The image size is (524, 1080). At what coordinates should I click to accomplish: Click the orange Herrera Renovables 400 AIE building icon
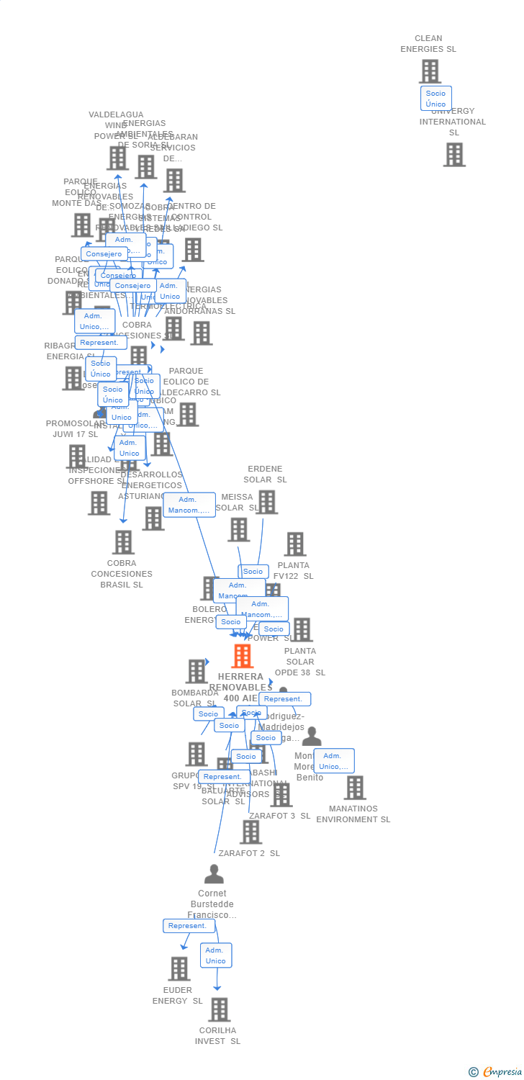click(x=243, y=656)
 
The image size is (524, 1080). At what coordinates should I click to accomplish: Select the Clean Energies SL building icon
click(x=430, y=71)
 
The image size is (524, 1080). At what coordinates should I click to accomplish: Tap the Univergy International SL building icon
click(x=454, y=154)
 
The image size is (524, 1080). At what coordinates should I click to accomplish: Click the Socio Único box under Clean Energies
click(x=435, y=99)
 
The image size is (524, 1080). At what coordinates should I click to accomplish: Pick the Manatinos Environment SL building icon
click(x=354, y=788)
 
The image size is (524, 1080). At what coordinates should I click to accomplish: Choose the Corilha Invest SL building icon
click(x=219, y=1009)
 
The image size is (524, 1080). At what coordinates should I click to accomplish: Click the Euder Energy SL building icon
click(x=179, y=968)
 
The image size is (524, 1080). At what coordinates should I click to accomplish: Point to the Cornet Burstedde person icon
click(x=214, y=874)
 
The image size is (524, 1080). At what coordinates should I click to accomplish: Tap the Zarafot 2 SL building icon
click(x=250, y=832)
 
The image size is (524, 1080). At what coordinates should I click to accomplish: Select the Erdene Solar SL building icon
click(x=266, y=502)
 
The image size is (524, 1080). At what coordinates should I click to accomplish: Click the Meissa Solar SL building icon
click(x=238, y=529)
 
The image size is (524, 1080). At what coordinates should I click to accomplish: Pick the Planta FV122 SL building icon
click(x=294, y=544)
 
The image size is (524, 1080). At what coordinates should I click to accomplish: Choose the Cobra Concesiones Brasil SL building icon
click(x=123, y=542)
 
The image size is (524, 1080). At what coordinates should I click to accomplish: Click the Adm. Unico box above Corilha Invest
click(x=215, y=955)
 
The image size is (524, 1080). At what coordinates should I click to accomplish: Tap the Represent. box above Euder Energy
click(x=189, y=926)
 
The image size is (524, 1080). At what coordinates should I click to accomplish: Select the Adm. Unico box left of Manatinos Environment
click(x=333, y=761)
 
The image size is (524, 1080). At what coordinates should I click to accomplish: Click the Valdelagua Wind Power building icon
click(x=117, y=158)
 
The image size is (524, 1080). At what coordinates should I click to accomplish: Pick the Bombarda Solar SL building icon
click(x=196, y=671)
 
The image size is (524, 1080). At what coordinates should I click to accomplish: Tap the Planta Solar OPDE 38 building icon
click(x=302, y=629)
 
